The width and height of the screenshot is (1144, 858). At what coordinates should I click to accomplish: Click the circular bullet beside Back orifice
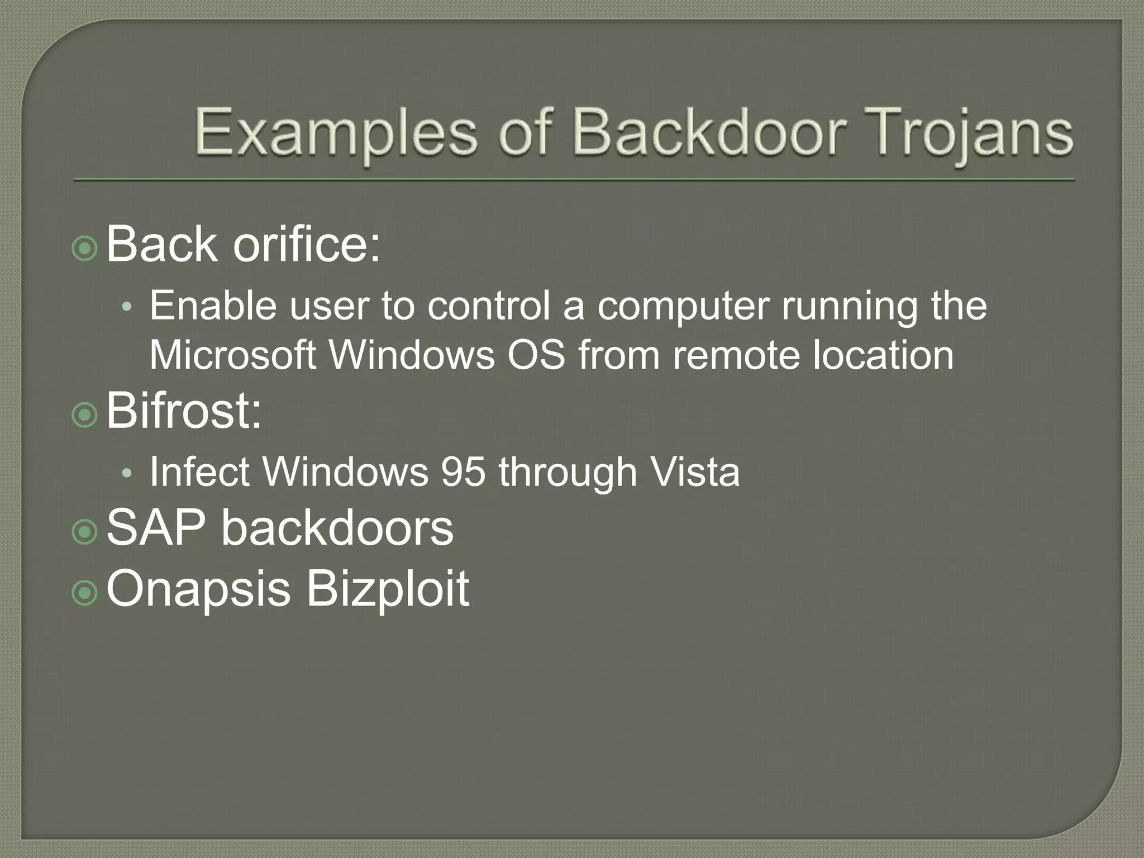(85, 248)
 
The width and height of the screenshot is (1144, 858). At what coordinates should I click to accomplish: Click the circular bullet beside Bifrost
(85, 415)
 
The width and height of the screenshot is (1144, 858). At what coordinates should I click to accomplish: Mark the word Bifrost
(183, 411)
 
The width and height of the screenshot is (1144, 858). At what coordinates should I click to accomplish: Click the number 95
(463, 472)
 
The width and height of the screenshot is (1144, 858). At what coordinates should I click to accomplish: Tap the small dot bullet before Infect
(127, 474)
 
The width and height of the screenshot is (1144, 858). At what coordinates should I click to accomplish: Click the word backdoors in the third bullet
(337, 527)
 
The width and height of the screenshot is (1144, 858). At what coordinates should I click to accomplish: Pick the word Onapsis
(198, 589)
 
